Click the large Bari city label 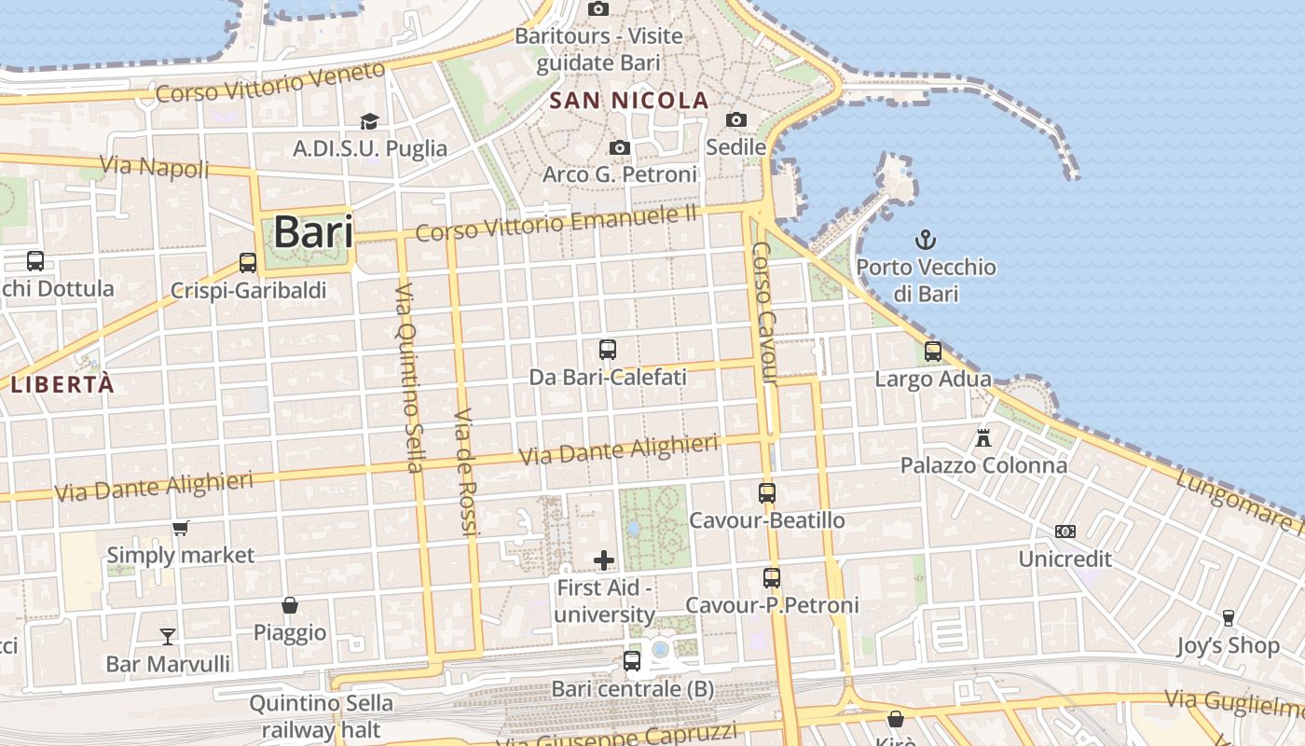click(x=313, y=232)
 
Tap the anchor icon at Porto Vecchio click(x=925, y=240)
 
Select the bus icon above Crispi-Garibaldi click(x=248, y=263)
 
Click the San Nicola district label click(x=629, y=101)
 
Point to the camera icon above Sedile click(x=736, y=119)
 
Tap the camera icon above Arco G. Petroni click(x=619, y=147)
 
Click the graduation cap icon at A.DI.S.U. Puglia click(x=370, y=121)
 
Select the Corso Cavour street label click(x=763, y=313)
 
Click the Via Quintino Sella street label click(x=409, y=378)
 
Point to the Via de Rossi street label click(x=465, y=471)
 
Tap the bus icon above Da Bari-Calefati click(x=608, y=350)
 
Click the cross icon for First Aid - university click(x=604, y=560)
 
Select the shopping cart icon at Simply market click(x=181, y=529)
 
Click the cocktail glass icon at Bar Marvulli click(x=168, y=636)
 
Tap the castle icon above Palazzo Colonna click(x=983, y=436)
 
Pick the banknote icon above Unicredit click(x=1065, y=532)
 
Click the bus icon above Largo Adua click(x=933, y=352)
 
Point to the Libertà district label click(x=62, y=384)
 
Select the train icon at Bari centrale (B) click(x=632, y=661)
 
